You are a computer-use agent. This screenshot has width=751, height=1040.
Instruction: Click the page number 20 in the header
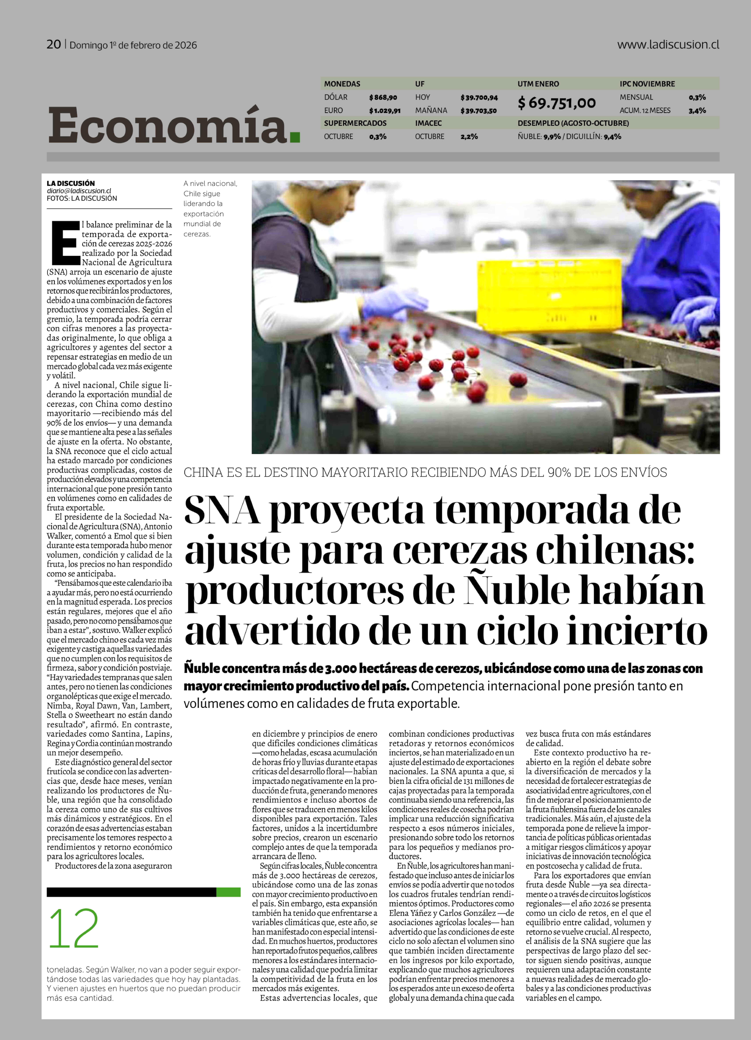54,44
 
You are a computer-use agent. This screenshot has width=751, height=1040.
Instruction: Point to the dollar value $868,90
383,97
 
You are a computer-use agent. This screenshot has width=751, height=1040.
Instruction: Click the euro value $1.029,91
385,110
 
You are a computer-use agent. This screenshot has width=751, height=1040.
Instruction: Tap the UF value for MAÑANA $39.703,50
478,110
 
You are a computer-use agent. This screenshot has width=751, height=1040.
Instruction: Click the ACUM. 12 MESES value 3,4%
697,110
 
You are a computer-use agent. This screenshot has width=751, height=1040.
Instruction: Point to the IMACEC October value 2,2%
469,137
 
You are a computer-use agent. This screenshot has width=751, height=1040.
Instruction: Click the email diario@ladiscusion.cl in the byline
79,191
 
